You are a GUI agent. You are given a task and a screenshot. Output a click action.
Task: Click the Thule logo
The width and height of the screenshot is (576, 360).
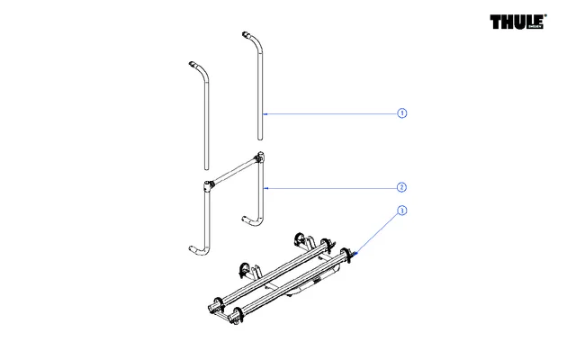519,22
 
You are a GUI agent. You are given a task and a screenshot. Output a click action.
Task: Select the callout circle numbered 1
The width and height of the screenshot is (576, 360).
402,113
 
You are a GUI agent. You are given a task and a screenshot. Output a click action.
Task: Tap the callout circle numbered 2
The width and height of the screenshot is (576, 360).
402,187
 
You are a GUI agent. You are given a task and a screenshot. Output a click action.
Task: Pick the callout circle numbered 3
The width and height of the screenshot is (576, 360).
402,211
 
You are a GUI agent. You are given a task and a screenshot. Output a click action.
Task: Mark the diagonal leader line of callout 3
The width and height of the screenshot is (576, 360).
378,232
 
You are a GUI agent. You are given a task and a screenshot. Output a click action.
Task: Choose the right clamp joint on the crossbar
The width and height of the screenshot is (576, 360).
261,160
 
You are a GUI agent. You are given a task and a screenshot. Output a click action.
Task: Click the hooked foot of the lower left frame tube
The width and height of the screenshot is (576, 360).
193,248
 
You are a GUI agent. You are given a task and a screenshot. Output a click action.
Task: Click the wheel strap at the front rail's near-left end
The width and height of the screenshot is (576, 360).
238,314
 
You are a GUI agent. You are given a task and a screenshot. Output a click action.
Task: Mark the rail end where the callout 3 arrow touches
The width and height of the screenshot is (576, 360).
354,256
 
